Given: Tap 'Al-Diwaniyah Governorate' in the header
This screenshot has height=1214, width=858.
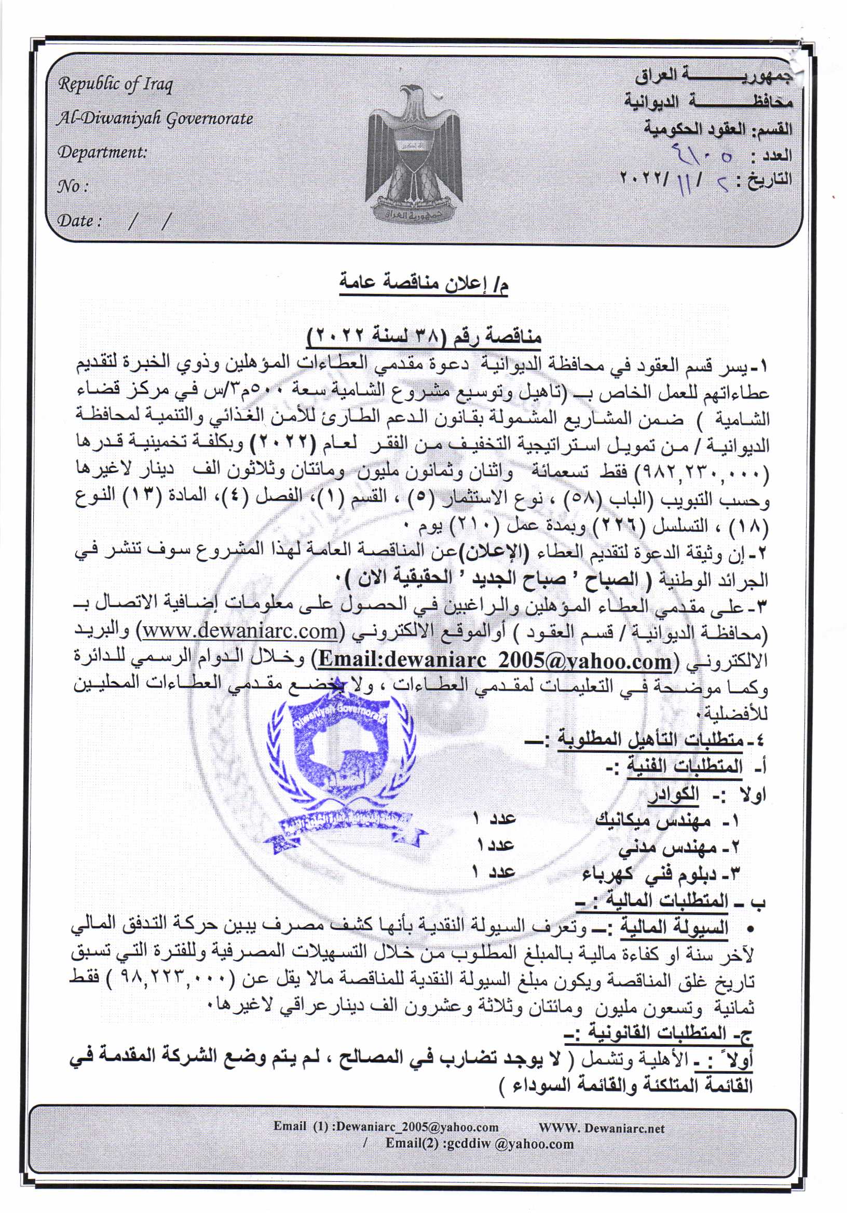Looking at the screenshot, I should tap(155, 118).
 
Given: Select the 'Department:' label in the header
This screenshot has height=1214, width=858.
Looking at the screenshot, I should tap(102, 152).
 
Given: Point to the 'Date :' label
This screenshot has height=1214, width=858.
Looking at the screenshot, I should tap(79, 221).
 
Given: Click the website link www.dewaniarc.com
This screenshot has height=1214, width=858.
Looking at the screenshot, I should tap(240, 631).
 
